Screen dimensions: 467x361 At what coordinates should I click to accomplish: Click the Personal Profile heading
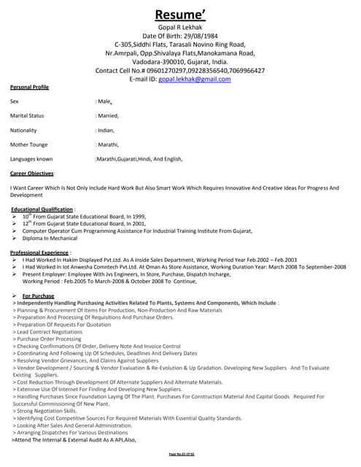[x=29, y=87]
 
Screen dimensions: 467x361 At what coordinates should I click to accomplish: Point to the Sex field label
[x=15, y=102]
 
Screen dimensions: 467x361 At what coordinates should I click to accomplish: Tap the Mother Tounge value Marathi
[x=108, y=144]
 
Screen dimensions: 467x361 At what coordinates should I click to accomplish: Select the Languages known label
[x=31, y=158]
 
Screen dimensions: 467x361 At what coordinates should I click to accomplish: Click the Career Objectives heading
[x=32, y=174]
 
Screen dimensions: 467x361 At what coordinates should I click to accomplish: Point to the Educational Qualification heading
[x=42, y=209]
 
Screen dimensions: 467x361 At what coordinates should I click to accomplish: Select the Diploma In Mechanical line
[x=50, y=238]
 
